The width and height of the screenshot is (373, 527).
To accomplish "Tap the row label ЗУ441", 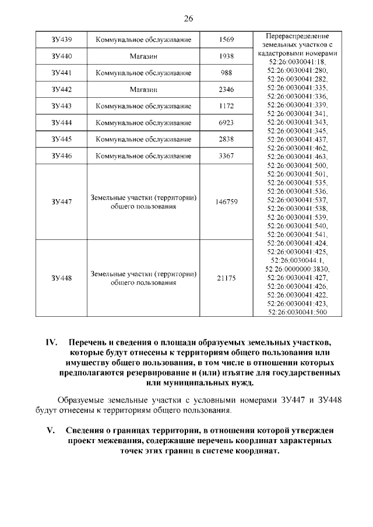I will coord(61,73).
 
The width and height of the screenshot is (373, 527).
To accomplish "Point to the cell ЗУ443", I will coord(61,107).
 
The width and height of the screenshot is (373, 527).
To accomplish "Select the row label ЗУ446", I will coord(61,155).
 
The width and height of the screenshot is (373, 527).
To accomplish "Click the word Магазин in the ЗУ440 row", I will coord(143,56).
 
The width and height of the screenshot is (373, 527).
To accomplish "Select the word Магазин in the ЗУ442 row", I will coord(143,90).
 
